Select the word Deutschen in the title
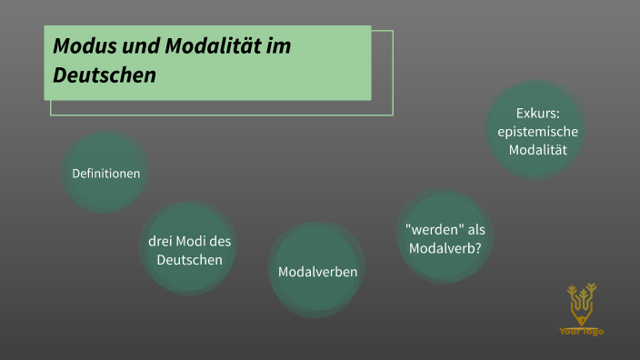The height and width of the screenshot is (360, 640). coord(105,75)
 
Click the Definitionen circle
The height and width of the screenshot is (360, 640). coord(105,173)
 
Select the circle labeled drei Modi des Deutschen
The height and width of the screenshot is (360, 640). coord(189,249)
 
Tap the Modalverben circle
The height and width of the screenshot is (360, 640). coord(317,272)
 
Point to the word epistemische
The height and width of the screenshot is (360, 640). coord(537,132)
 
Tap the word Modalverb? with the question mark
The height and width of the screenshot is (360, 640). coord(445,248)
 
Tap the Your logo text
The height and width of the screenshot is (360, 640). coord(582,332)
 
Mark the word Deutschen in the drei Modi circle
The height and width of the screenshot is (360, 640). coord(189,260)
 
